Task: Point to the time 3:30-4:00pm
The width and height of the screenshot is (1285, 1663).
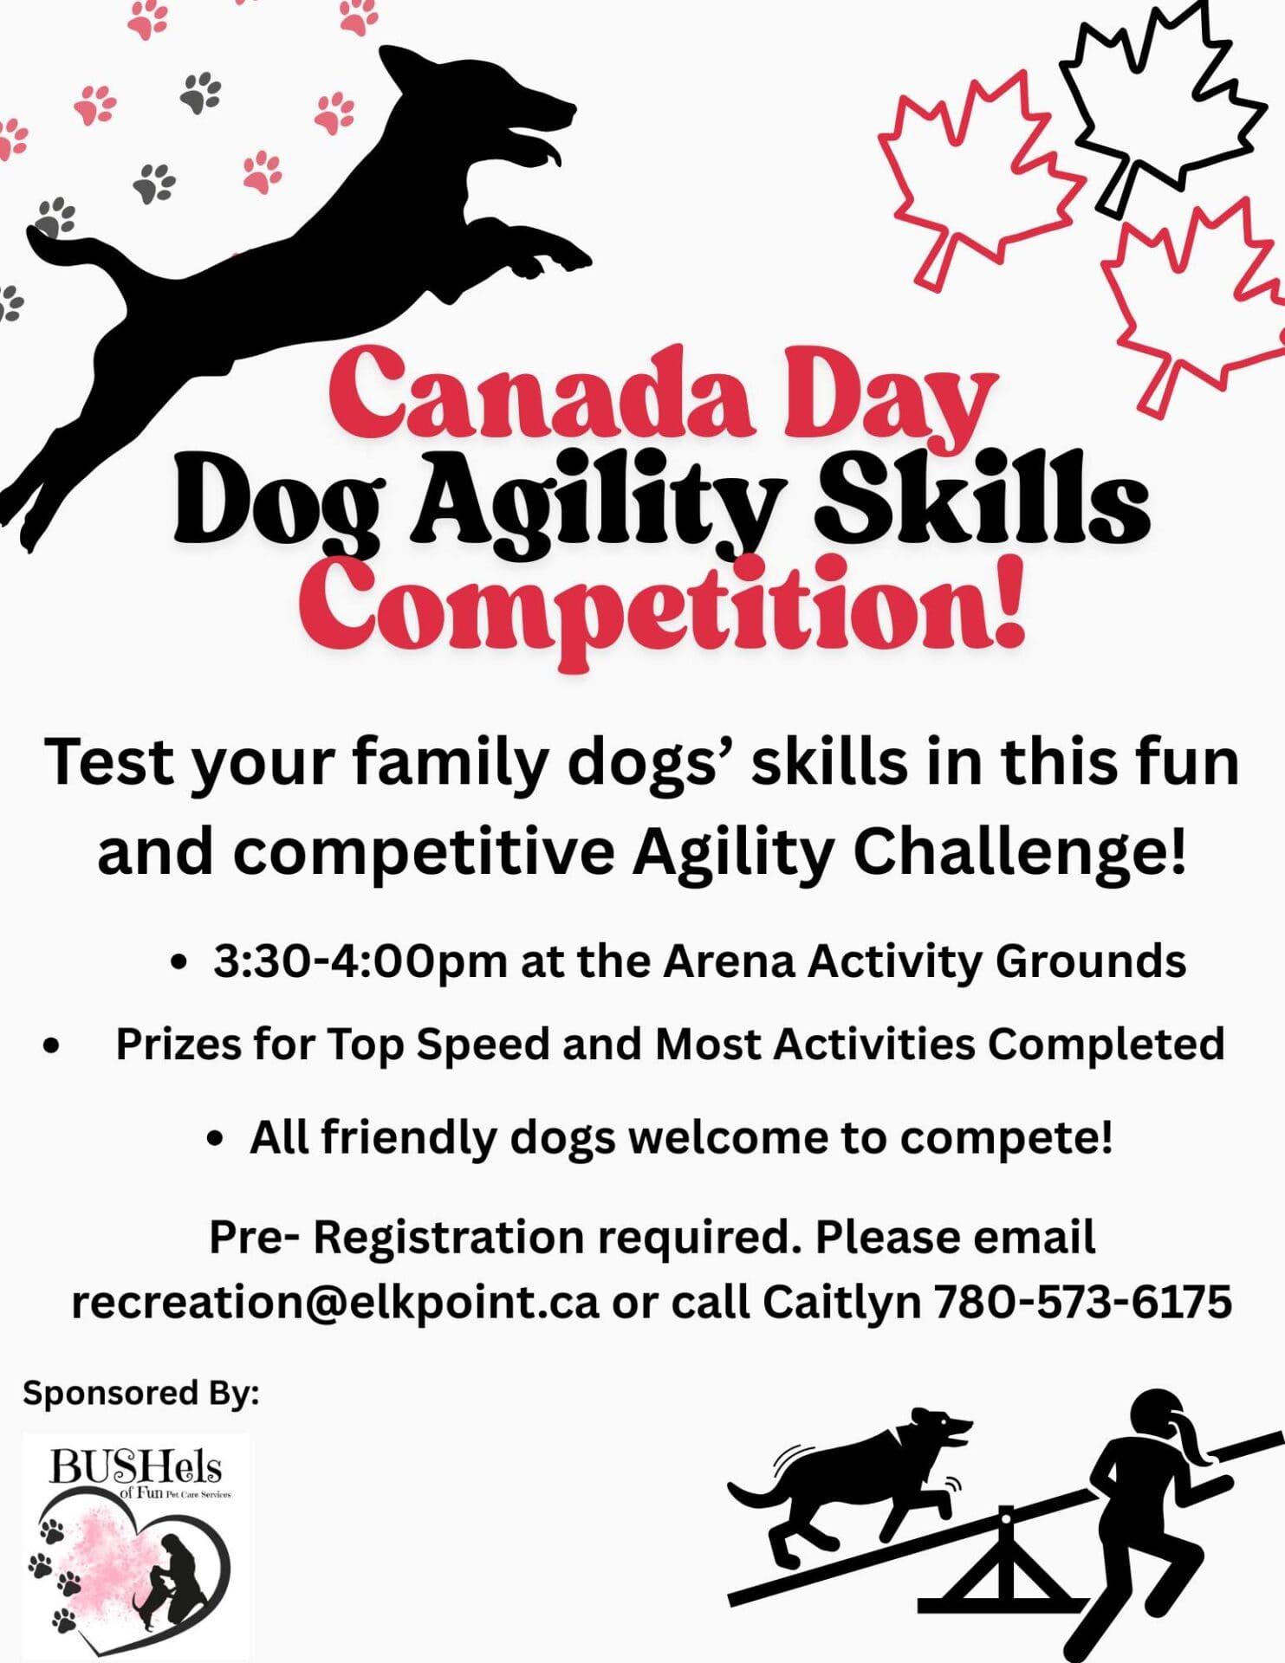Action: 360,962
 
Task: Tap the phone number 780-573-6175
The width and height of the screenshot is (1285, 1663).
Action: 1082,1301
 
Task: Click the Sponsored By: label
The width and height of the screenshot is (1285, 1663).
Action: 140,1394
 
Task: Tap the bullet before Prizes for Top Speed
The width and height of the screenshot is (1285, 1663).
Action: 52,1046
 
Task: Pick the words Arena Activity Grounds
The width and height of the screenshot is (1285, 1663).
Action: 925,961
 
